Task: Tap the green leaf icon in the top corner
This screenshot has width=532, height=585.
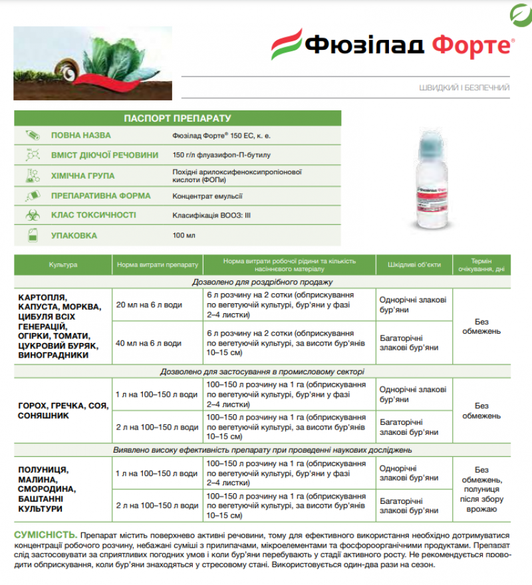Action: (519, 14)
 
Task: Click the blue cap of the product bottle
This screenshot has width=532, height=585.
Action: (443, 143)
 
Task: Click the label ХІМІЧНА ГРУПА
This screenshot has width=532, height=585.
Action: (82, 175)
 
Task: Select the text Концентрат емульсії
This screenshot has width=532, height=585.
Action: (207, 195)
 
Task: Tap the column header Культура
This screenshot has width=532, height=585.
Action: (63, 265)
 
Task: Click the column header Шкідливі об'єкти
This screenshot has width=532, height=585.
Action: (414, 265)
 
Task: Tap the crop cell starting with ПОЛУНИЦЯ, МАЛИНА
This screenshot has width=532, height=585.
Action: (47, 489)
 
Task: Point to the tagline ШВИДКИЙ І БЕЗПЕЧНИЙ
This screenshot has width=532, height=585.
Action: (464, 87)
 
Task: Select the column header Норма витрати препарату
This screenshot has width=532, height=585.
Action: (157, 265)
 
